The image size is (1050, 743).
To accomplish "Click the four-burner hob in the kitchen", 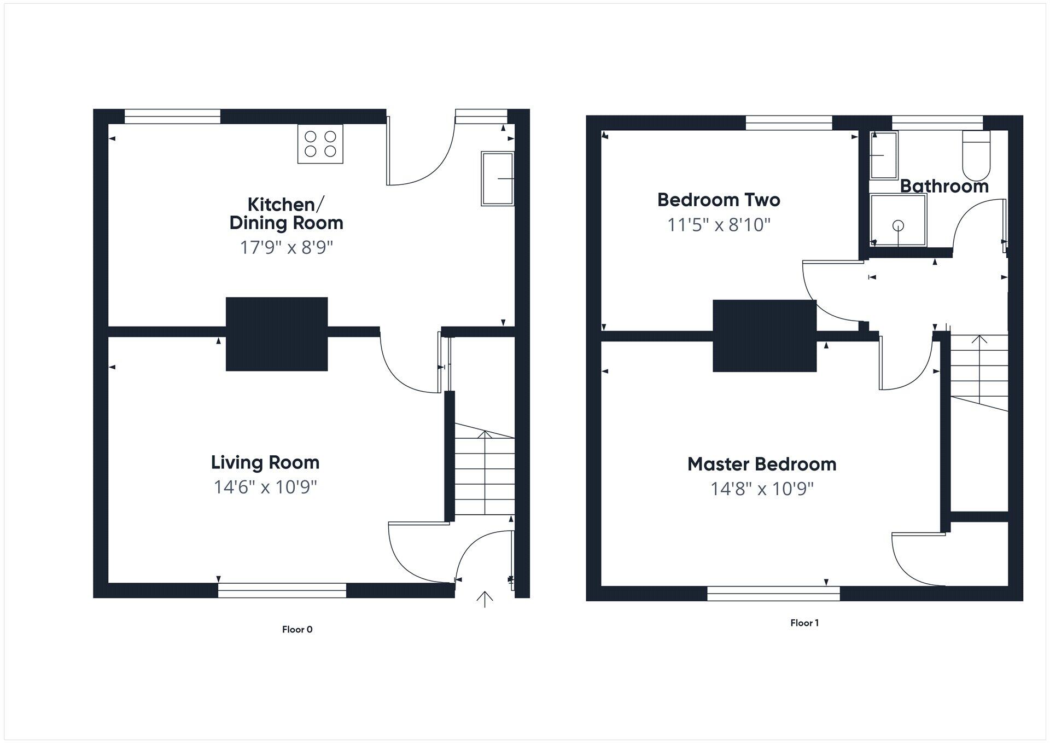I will point(320,144).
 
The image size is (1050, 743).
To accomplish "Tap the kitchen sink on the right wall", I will point(497,178).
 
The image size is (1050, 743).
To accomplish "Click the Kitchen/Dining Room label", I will point(286,213).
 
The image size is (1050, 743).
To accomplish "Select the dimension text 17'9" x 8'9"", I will point(287,247).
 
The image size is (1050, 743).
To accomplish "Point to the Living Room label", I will point(265,462).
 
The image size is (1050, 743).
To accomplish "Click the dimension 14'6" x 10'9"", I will point(265,487).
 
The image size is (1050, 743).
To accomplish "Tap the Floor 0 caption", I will point(297,629).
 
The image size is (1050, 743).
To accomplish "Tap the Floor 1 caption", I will point(804,623).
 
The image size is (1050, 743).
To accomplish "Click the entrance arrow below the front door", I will point(485,599).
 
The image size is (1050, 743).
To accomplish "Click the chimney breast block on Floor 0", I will point(277,334).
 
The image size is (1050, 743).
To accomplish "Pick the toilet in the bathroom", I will point(976,155).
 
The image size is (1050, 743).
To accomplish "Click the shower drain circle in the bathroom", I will point(898,225).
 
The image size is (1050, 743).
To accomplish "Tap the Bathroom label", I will point(944,187).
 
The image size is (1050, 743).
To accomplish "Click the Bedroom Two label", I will point(719,200).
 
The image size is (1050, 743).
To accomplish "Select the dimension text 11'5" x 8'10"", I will point(719,225).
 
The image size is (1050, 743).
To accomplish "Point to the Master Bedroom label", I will point(762,464).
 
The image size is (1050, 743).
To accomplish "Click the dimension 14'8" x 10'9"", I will point(762,489).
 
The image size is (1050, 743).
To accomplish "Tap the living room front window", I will point(282,590).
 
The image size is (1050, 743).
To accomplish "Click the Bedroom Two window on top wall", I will point(789,123).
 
